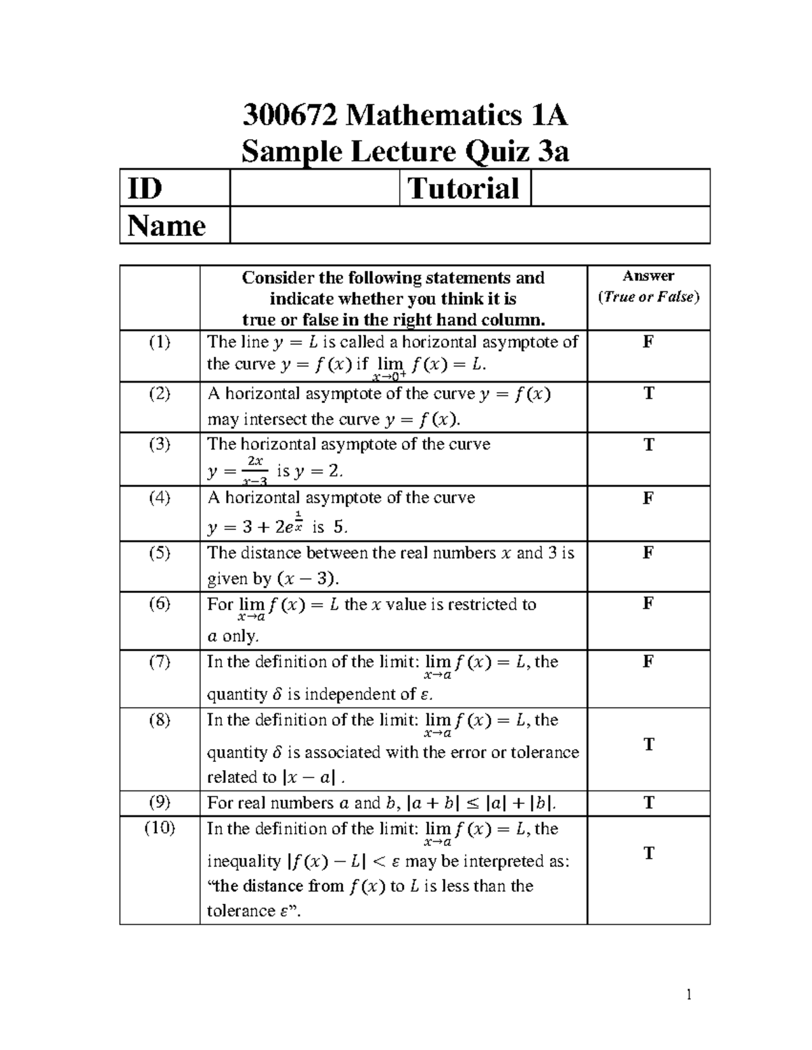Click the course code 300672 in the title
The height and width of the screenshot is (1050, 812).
pyautogui.click(x=290, y=116)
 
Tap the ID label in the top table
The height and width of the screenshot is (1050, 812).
pyautogui.click(x=145, y=188)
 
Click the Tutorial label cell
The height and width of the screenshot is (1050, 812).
pyautogui.click(x=464, y=188)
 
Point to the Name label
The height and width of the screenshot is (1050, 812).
pyautogui.click(x=166, y=225)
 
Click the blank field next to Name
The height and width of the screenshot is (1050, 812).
pyautogui.click(x=469, y=225)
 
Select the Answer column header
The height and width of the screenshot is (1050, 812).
pyautogui.click(x=648, y=276)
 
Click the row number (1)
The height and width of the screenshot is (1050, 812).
pyautogui.click(x=160, y=342)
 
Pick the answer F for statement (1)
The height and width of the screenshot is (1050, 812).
pyautogui.click(x=648, y=342)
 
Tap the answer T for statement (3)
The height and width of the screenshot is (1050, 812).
pyautogui.click(x=649, y=445)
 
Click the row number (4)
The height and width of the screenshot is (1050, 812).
pyautogui.click(x=160, y=498)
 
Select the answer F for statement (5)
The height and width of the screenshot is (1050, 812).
pyautogui.click(x=648, y=553)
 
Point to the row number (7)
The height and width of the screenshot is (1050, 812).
pyautogui.click(x=160, y=662)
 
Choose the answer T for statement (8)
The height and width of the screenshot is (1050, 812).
pyautogui.click(x=649, y=745)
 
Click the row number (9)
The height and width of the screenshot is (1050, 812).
pyautogui.click(x=160, y=803)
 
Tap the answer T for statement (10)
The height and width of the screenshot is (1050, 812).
pyautogui.click(x=649, y=854)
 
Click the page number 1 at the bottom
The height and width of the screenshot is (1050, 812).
pyautogui.click(x=689, y=994)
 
